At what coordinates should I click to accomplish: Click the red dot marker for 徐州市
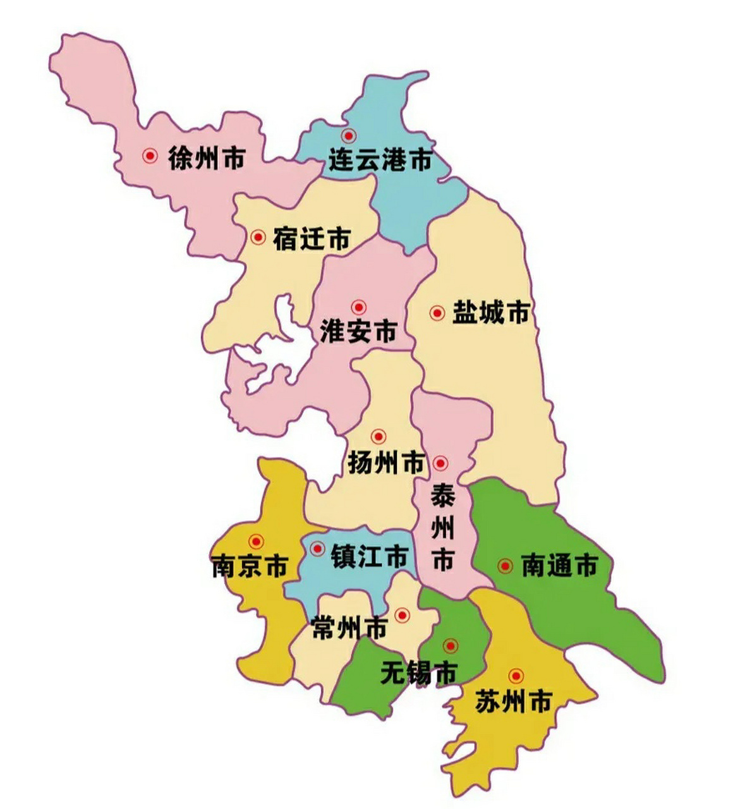coord(150,155)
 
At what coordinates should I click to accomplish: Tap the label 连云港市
coord(380,160)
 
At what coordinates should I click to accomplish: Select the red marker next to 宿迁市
coord(258,237)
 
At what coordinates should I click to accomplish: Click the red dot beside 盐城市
coord(437,313)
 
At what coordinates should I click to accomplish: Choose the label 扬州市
coord(386,463)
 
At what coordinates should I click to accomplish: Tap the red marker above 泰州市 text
coord(441,463)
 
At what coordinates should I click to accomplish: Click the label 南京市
coord(250,566)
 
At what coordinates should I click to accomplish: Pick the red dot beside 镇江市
coord(317,548)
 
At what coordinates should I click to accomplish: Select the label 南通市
coord(559,566)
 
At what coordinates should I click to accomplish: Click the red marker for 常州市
coord(402,614)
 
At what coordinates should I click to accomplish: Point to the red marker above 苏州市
coord(516,676)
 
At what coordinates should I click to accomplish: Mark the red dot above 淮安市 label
coord(359,307)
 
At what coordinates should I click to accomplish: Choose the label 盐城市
coord(490,313)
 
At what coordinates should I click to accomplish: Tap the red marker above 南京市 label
coord(256,542)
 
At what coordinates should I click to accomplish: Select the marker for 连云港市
coord(348,135)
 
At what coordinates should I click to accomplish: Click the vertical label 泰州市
coord(443,528)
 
